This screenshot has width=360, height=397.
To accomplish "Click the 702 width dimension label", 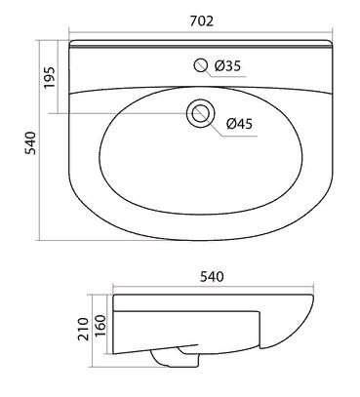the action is point(202,21).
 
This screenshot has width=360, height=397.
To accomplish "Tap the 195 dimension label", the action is point(50,78).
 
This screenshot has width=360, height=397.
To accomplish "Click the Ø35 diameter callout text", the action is point(227,66).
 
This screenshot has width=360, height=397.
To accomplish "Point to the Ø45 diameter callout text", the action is point(239,124).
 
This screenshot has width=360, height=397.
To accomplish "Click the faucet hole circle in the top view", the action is point(201,65).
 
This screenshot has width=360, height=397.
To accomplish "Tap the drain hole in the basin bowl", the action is point(201,113).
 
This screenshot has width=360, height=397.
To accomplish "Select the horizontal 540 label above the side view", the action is point(212,277).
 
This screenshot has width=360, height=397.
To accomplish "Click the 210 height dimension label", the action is point(84,330).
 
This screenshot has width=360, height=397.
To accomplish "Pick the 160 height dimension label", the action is point(100,326).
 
